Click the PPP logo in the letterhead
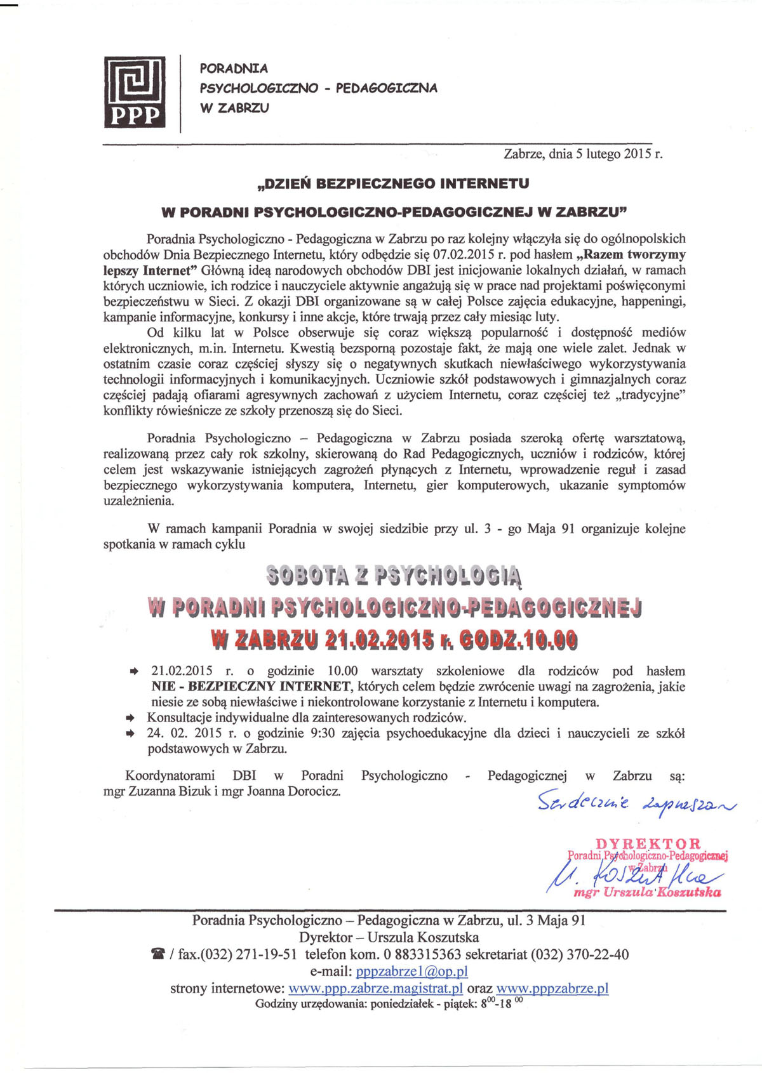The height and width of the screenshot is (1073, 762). point(135,93)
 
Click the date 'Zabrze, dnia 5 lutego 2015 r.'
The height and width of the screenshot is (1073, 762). point(583,154)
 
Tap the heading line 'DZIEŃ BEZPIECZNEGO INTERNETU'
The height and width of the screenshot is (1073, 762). point(392,184)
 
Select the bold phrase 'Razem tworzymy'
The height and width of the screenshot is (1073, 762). point(634,254)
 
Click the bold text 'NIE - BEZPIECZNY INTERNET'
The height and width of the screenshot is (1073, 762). point(251,687)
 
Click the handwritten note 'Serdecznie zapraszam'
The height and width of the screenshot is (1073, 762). point(636,803)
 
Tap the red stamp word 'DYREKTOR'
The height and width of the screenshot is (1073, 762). point(648,844)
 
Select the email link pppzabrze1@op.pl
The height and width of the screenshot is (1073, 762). point(411,971)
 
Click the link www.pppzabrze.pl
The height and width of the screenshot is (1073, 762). point(552,989)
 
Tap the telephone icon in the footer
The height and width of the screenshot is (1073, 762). point(157,955)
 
